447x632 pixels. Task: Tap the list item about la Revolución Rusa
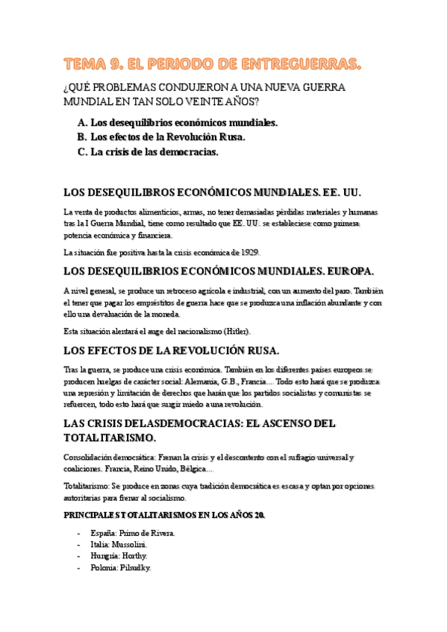point(168,137)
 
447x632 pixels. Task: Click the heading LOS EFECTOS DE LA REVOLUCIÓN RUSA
point(172,350)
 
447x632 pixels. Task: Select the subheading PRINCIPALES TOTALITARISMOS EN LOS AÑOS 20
point(165,516)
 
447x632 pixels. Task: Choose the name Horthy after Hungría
point(136,556)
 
